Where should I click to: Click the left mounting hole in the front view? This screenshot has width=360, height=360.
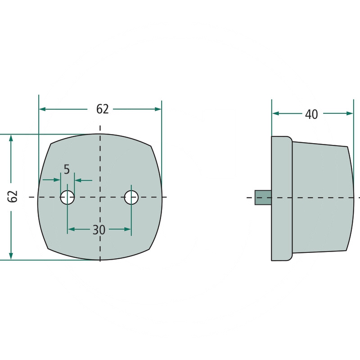pyautogui.click(x=67, y=197)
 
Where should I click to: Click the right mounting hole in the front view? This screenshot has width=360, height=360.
pyautogui.click(x=131, y=197)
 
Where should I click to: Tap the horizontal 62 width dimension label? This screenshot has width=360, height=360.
pyautogui.click(x=102, y=109)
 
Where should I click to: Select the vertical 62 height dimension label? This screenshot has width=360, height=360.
pyautogui.click(x=13, y=196)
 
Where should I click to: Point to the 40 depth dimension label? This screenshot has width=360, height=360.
pyautogui.click(x=311, y=114)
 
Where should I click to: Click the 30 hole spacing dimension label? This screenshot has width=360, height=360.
pyautogui.click(x=99, y=229)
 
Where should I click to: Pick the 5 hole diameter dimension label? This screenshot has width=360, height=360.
pyautogui.click(x=67, y=170)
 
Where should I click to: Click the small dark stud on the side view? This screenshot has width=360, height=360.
pyautogui.click(x=263, y=198)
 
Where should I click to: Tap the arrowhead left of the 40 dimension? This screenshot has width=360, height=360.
pyautogui.click(x=276, y=113)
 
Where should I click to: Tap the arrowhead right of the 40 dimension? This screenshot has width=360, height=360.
pyautogui.click(x=350, y=113)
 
